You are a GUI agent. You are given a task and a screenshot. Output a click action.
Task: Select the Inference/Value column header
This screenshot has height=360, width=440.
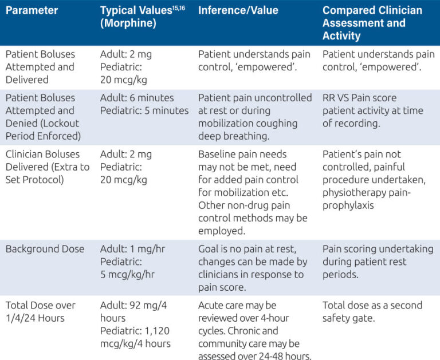[x=238, y=11]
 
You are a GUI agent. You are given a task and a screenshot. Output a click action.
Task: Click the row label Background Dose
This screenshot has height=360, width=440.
[x=45, y=249]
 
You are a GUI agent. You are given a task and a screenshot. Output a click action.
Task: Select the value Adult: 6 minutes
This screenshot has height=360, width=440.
[x=137, y=97]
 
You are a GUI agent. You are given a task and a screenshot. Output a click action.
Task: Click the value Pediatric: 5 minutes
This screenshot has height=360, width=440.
[x=144, y=110]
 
